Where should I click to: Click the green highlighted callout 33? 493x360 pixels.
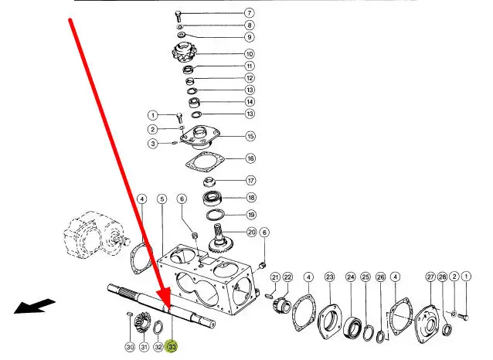click(172, 346)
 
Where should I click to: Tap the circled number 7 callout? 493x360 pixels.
click(249, 13)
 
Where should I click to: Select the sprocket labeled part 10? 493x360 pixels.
click(184, 53)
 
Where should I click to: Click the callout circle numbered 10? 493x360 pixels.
click(250, 54)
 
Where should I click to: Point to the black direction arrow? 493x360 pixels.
click(35, 306)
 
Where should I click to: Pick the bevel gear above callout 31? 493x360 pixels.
click(141, 323)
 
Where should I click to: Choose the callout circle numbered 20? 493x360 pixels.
click(251, 233)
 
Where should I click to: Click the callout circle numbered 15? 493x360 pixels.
click(250, 136)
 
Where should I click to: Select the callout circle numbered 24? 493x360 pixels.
click(351, 277)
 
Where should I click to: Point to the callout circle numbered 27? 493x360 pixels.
click(430, 277)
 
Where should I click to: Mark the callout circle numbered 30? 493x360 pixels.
click(130, 347)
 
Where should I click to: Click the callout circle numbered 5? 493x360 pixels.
click(162, 199)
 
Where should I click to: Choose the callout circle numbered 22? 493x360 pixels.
click(287, 277)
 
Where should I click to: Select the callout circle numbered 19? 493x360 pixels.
click(251, 215)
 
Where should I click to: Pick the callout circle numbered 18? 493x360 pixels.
click(251, 198)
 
